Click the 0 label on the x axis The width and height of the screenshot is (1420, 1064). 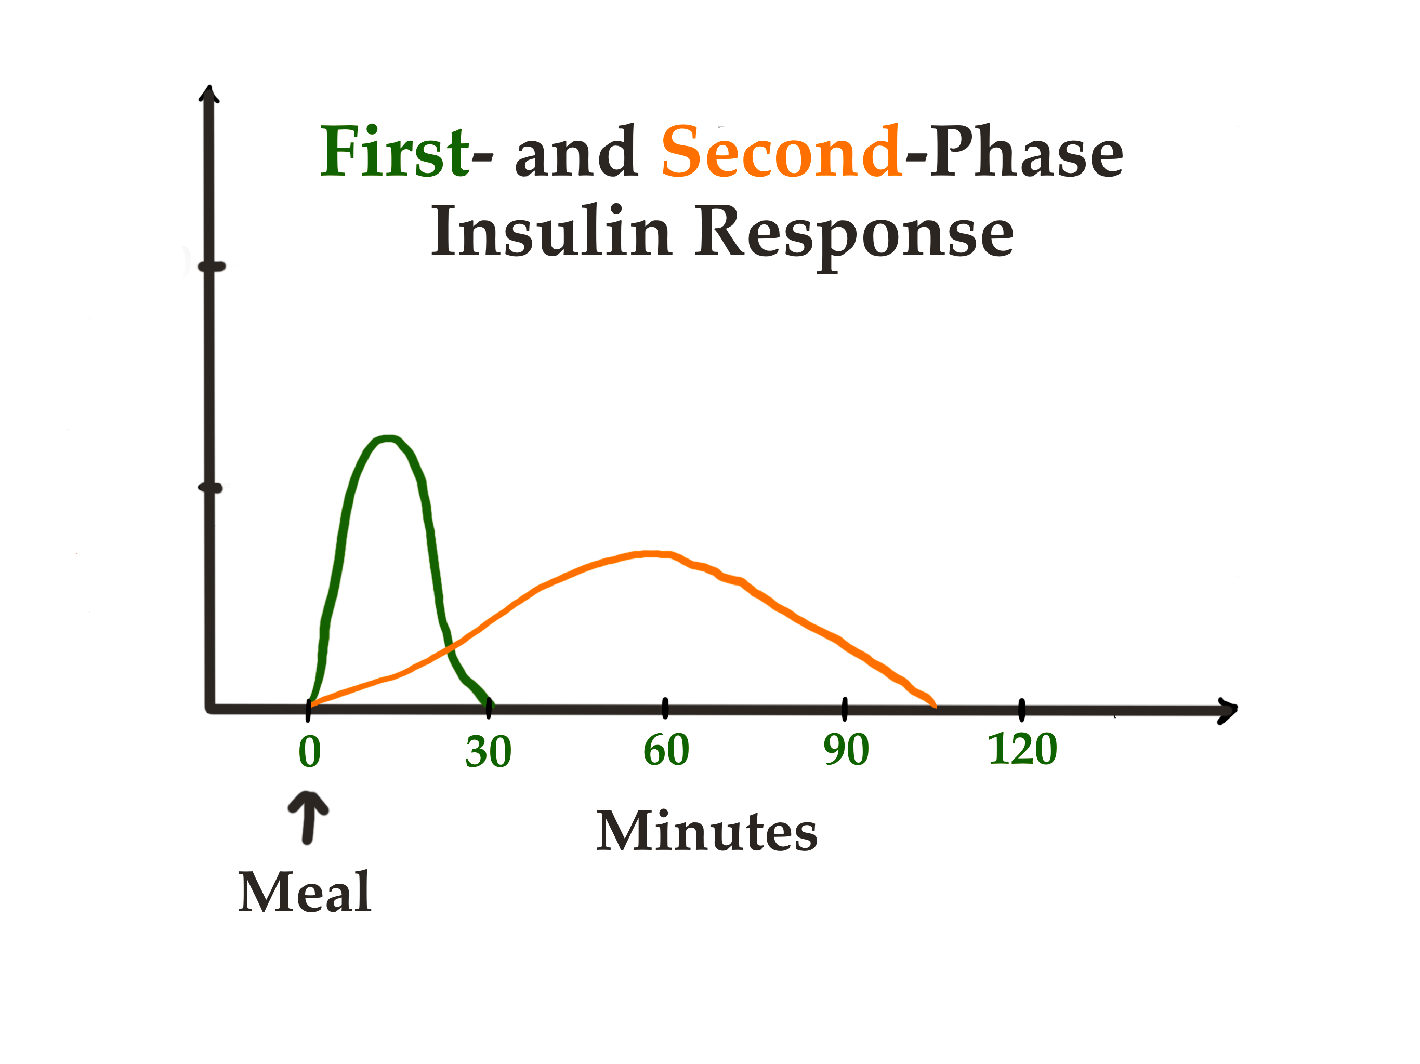coord(309,751)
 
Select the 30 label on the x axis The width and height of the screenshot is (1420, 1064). coord(489,751)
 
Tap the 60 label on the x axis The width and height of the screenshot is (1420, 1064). coord(666,750)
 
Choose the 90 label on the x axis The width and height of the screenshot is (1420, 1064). coord(846,750)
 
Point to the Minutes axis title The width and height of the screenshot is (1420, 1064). coord(707,832)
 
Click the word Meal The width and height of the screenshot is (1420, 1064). coord(305,893)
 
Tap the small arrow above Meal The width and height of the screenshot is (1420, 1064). coord(309,816)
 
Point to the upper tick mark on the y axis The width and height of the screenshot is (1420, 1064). coord(211,267)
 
